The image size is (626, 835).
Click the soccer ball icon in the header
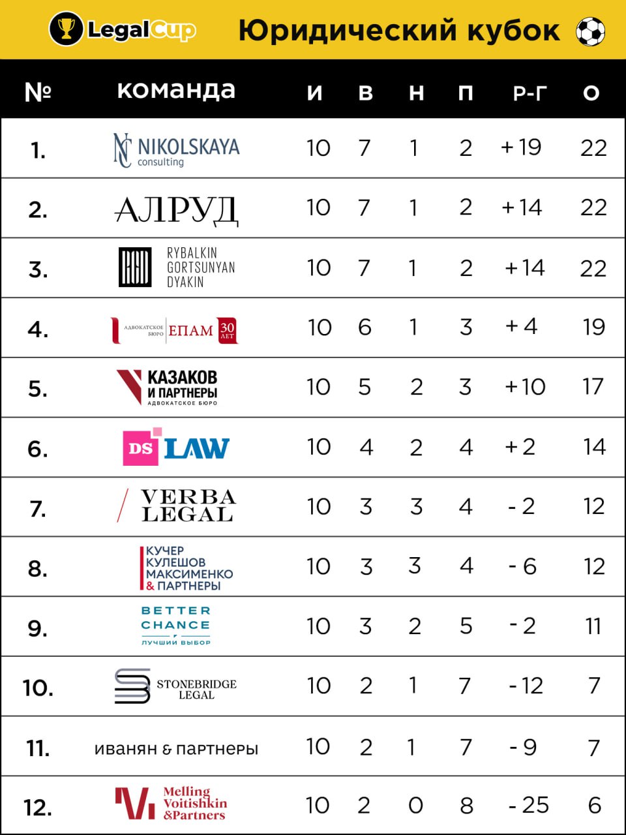[x=590, y=31]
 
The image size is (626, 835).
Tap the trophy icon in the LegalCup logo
[x=66, y=29]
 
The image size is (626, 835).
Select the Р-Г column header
[x=529, y=93]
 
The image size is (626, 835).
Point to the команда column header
[x=176, y=90]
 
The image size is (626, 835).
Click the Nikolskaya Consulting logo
[x=176, y=150]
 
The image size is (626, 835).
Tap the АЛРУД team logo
[x=176, y=209]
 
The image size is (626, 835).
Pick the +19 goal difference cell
[x=521, y=147]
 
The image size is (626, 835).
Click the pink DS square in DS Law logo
[x=141, y=448]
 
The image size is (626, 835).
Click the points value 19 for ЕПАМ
[x=593, y=327]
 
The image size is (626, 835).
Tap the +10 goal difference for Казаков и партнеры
[x=525, y=387]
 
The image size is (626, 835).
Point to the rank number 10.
[x=38, y=688]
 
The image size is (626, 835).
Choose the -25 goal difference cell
[x=529, y=806]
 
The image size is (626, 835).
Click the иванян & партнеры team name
[x=176, y=748]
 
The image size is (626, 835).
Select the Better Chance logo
[x=176, y=625]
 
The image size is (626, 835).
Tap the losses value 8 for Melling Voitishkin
[x=466, y=806]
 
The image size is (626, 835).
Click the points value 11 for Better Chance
[x=593, y=626]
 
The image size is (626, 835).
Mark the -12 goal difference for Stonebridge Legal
[x=526, y=686]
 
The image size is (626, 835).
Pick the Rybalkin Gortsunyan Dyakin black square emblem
[x=135, y=267]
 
